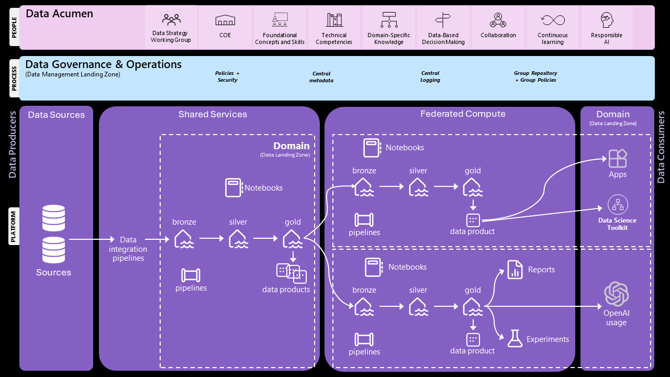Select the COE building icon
[x=225, y=20]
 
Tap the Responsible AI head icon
[x=607, y=20]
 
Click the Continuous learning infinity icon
[x=553, y=20]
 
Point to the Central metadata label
[x=321, y=77]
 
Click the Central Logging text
[x=430, y=77]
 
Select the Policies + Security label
[x=227, y=77]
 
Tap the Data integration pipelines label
[x=128, y=249]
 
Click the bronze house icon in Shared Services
[x=184, y=239]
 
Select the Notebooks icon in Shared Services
[x=233, y=188]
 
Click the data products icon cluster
[x=291, y=273]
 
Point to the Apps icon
[x=618, y=158]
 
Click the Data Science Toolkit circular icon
[x=618, y=205]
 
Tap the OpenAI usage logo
[x=617, y=294]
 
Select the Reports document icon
[x=515, y=270]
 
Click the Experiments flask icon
[x=515, y=339]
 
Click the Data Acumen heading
[x=59, y=14]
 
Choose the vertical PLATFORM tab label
[x=14, y=226]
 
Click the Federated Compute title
[x=463, y=114]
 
